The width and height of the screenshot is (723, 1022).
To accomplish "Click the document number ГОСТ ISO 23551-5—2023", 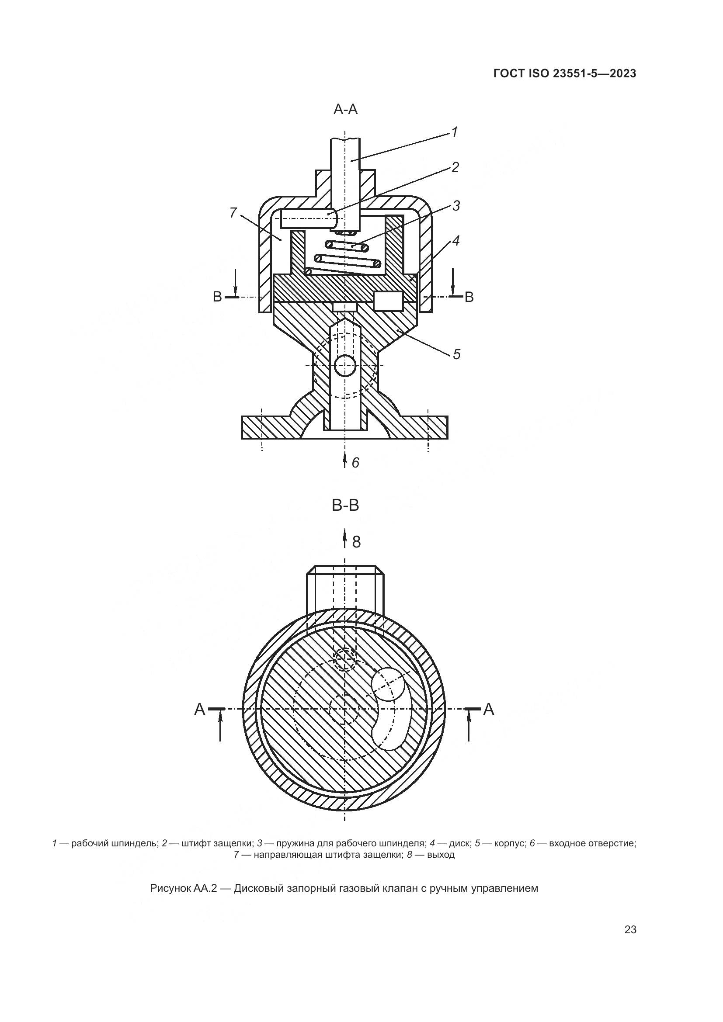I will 564,74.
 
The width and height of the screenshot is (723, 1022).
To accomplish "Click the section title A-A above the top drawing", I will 345,110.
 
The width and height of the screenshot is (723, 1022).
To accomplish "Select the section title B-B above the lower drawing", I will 345,506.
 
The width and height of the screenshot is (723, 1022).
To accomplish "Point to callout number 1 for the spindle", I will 454,132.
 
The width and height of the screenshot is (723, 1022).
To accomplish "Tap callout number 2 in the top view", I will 455,167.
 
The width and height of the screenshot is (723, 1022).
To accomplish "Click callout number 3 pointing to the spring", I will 456,206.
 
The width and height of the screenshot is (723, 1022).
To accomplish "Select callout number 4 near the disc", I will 456,241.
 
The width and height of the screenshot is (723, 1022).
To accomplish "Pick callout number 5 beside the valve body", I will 457,354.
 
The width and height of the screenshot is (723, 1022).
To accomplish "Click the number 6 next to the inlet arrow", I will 355,463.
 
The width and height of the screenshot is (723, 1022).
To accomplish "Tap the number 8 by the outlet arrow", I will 356,542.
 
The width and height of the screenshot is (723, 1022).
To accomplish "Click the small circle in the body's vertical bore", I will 345,366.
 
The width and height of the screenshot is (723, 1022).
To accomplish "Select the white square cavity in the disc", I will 388,301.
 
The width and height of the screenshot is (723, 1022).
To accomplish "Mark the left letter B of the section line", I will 217,297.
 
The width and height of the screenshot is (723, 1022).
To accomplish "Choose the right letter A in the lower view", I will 488,710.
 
